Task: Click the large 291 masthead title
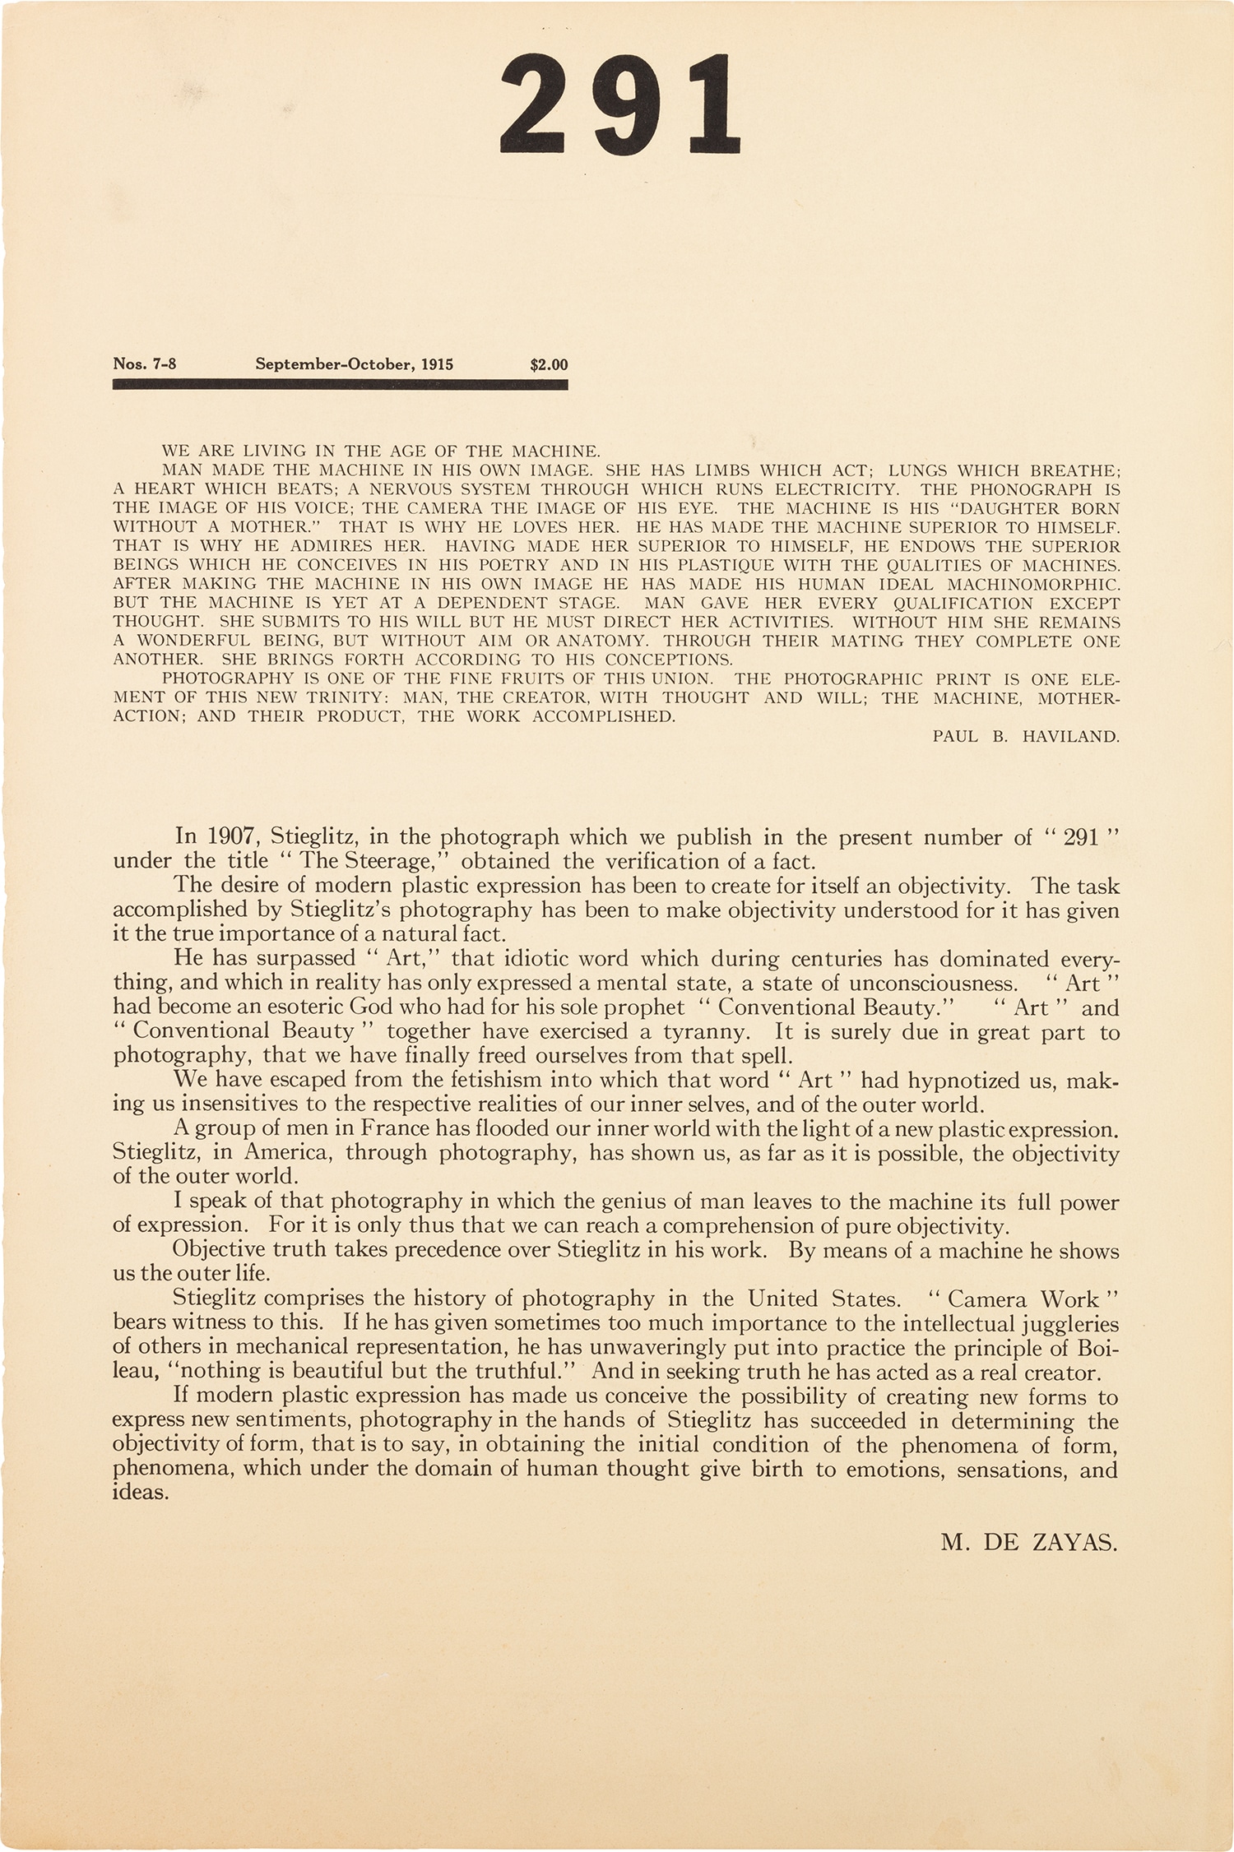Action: click(x=621, y=107)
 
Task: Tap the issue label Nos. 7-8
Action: click(x=144, y=364)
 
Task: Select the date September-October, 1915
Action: click(x=354, y=364)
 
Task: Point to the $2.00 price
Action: click(x=549, y=364)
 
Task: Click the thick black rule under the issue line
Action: click(x=340, y=384)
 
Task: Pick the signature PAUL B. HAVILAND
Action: click(x=1026, y=737)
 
